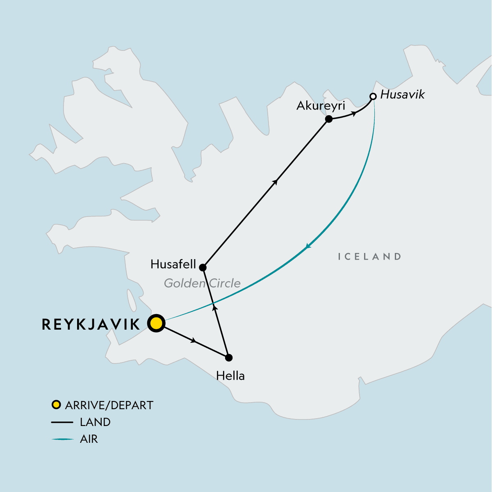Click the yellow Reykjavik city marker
tap(156, 323)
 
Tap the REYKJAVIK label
tap(91, 325)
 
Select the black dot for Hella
tap(229, 358)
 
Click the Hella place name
tap(230, 376)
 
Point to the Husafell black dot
tap(203, 268)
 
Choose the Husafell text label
tap(173, 264)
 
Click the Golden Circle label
tap(202, 283)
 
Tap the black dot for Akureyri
tap(328, 119)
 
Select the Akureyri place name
tap(321, 106)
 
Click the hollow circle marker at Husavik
tap(373, 97)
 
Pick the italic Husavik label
tap(403, 95)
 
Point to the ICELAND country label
tap(369, 257)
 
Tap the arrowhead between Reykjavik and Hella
tap(194, 341)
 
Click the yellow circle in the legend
tap(56, 405)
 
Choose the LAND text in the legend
tap(95, 422)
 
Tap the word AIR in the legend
tap(89, 439)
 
